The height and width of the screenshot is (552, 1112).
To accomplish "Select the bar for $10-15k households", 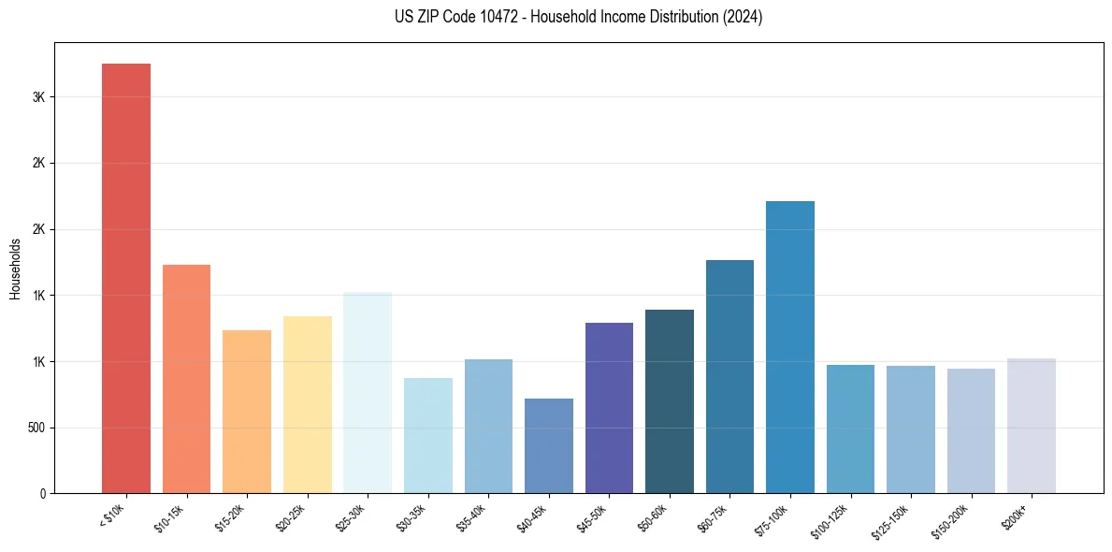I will pyautogui.click(x=186, y=379).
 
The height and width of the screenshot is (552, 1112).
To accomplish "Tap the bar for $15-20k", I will pyautogui.click(x=247, y=412).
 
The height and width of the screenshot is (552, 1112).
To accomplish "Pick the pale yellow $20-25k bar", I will pyautogui.click(x=307, y=404).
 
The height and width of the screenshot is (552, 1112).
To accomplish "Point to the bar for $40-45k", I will pyautogui.click(x=548, y=445).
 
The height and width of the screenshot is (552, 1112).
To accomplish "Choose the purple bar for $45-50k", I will pyautogui.click(x=609, y=408).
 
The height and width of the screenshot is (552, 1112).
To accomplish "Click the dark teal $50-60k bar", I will pyautogui.click(x=669, y=401).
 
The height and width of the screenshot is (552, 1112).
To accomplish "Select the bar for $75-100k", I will pyautogui.click(x=789, y=347).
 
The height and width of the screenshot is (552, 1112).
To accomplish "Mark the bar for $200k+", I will pyautogui.click(x=1031, y=426).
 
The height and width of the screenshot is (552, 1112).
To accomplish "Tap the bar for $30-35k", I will pyautogui.click(x=427, y=435).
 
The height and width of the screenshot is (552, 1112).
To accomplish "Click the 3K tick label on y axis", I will pyautogui.click(x=38, y=97).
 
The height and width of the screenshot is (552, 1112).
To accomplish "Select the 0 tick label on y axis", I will pyautogui.click(x=42, y=494).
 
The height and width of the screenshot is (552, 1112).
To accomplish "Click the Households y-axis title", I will pyautogui.click(x=16, y=269).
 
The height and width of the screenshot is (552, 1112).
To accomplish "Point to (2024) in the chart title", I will pyautogui.click(x=741, y=17).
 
